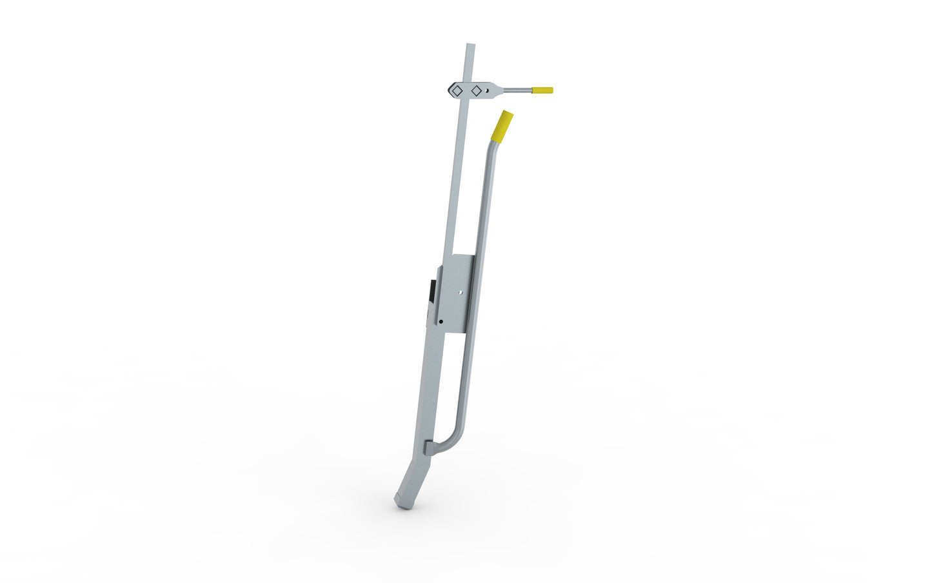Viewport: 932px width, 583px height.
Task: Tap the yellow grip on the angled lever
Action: (502, 126)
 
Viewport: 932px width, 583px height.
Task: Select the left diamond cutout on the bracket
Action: (456, 91)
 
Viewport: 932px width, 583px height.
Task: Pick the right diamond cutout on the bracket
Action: (477, 91)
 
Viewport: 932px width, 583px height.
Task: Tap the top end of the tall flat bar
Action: (470, 46)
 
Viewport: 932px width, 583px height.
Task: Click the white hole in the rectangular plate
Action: (460, 292)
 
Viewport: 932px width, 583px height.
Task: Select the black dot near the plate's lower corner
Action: (441, 321)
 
